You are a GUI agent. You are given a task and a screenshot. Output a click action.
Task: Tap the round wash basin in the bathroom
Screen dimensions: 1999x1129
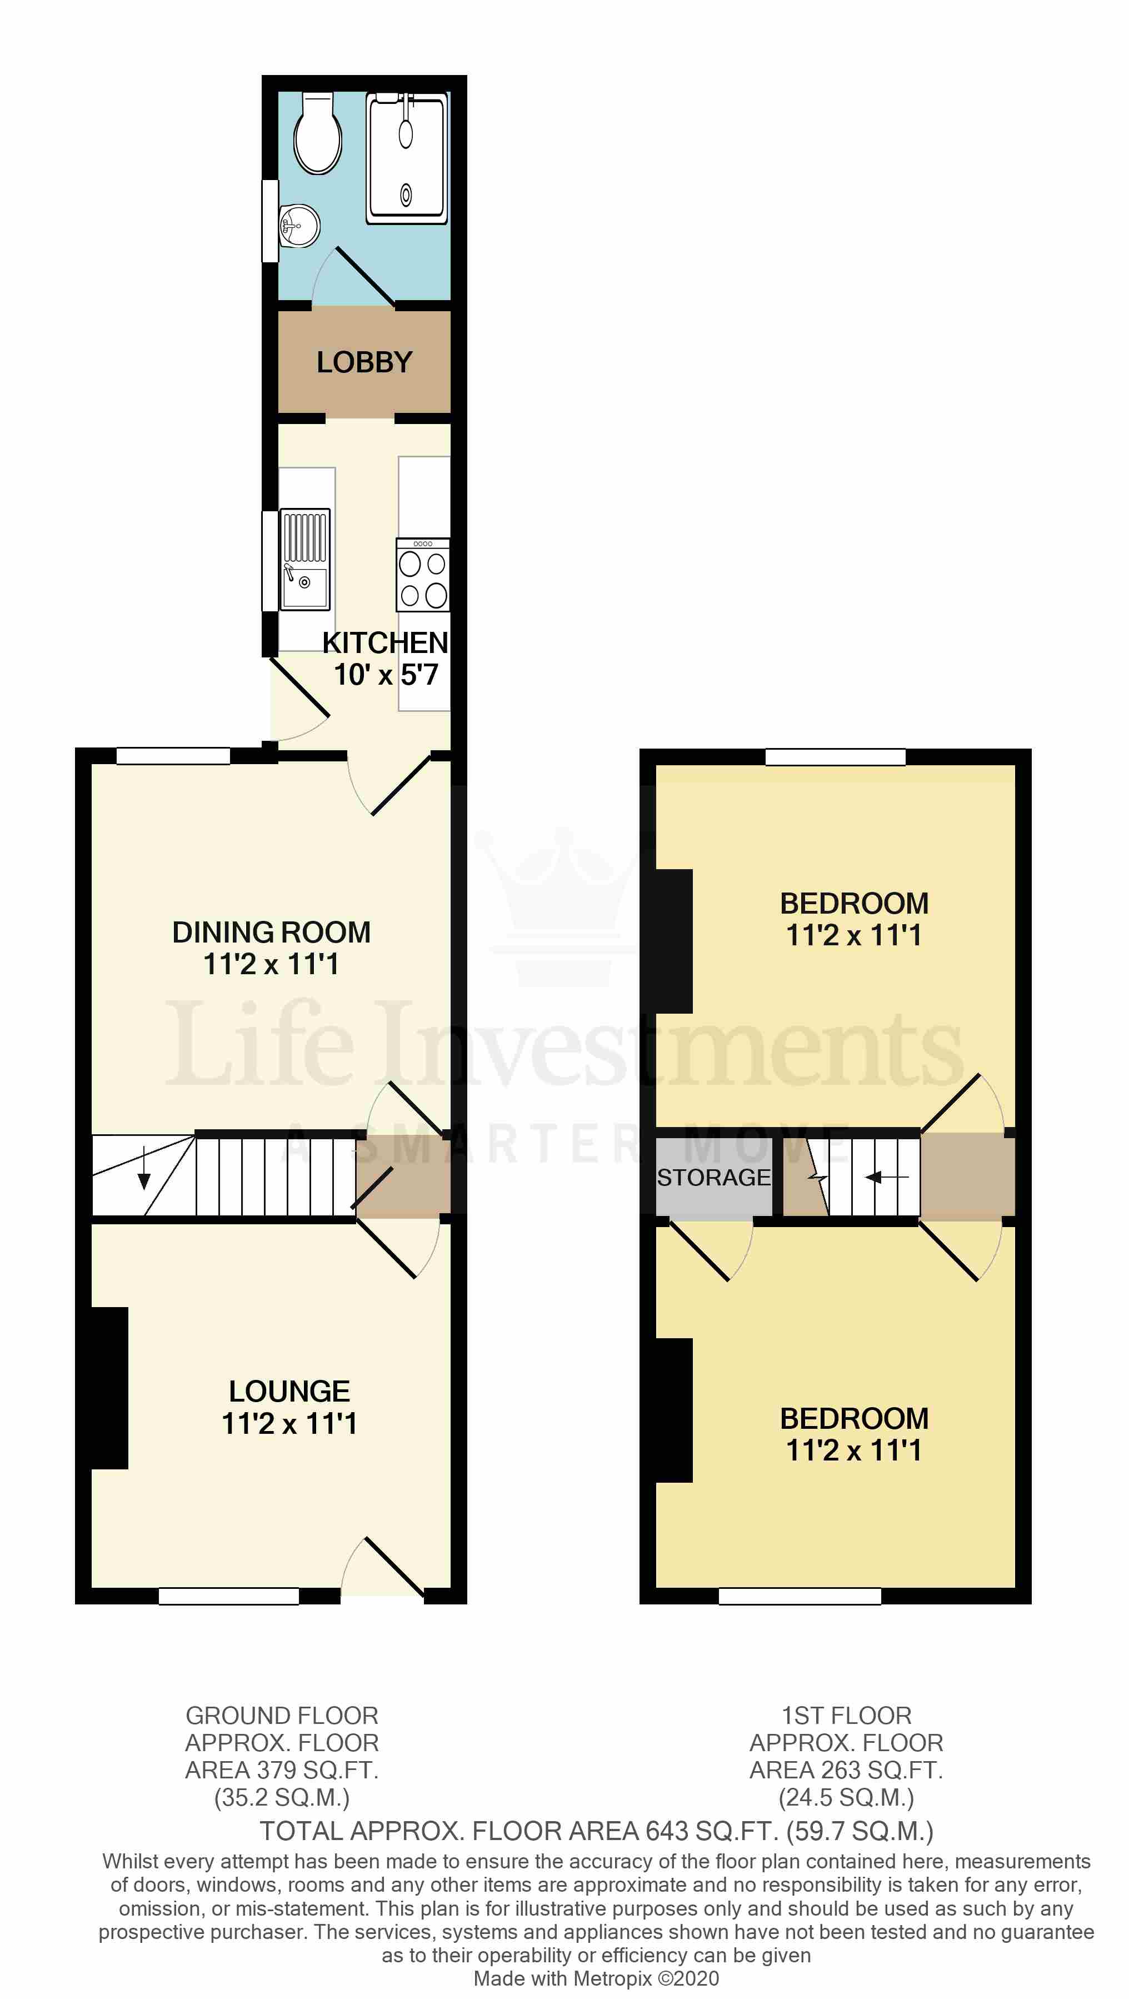(x=299, y=226)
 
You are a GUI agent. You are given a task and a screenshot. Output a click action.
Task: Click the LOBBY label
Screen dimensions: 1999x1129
(x=364, y=362)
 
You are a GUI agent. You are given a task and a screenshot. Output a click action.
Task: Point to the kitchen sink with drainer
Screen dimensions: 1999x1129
(x=305, y=559)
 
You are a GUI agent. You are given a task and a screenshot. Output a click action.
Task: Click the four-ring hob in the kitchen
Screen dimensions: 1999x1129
(x=423, y=576)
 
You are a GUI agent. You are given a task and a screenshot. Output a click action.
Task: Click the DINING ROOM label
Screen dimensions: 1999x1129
(x=271, y=932)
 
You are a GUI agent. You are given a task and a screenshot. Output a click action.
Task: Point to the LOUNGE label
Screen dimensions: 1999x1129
(x=289, y=1392)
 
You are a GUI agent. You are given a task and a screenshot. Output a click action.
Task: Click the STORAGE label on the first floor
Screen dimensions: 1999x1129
(x=714, y=1177)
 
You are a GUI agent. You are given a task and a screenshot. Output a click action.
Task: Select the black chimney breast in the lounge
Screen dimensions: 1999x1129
(x=109, y=1388)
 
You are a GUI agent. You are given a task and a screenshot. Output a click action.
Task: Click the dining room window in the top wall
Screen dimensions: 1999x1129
(x=173, y=756)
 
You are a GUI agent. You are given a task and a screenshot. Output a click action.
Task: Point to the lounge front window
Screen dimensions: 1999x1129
(x=229, y=1596)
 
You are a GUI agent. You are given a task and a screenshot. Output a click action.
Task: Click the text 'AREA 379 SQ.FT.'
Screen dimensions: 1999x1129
(x=282, y=1770)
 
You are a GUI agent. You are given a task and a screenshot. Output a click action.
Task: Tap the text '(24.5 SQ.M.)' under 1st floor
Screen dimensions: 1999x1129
(x=846, y=1797)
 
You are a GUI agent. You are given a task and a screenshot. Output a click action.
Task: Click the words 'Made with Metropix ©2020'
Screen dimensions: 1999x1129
(x=596, y=1979)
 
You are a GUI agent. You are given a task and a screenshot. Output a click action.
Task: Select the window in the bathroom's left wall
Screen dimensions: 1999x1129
(x=270, y=221)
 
